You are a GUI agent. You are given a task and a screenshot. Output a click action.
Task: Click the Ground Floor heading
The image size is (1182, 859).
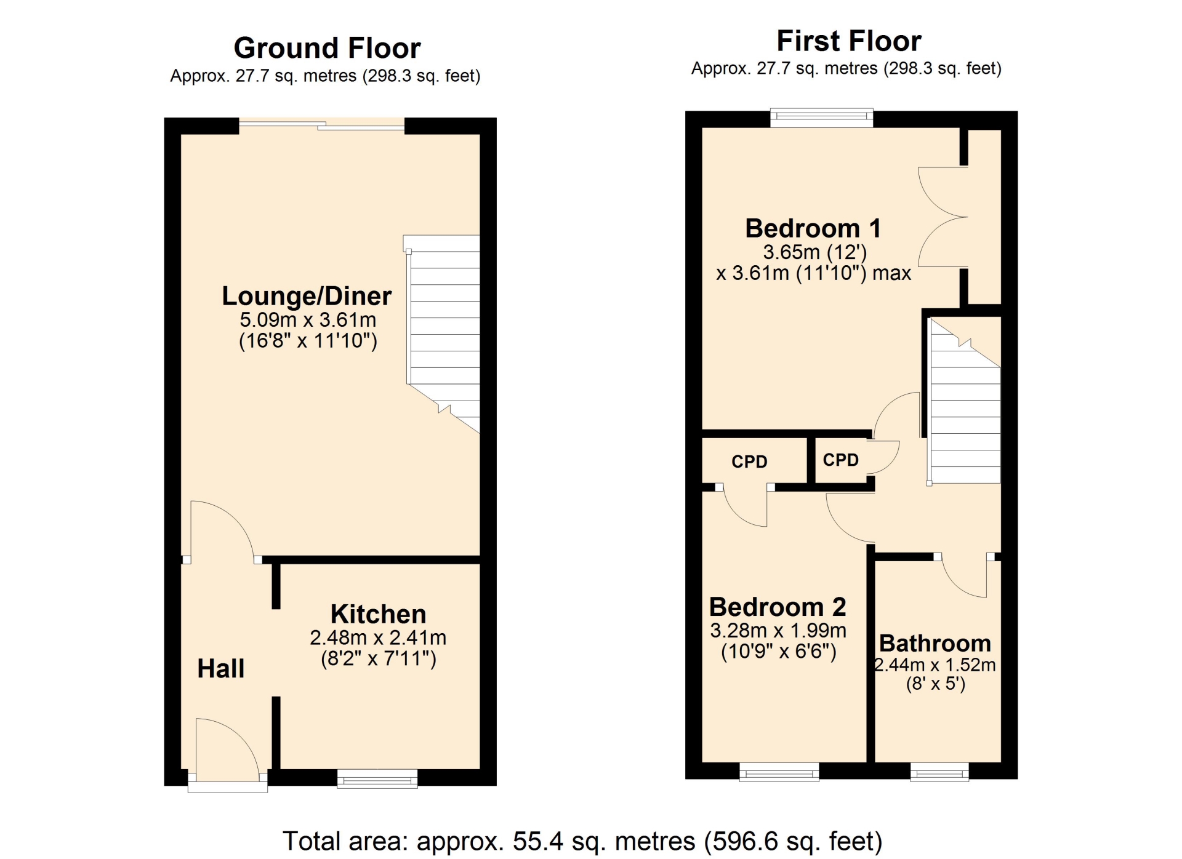point(327,48)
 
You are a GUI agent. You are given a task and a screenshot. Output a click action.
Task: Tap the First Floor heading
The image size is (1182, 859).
point(849,41)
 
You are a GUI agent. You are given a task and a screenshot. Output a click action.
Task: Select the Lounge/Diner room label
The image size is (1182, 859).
point(307,296)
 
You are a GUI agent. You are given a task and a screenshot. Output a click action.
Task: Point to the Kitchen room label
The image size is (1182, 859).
point(378,614)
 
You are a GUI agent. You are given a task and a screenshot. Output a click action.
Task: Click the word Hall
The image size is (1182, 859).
point(220,668)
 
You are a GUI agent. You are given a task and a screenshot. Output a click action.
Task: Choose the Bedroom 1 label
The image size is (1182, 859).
point(813,228)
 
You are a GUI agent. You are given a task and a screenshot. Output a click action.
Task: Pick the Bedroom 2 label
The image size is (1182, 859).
point(778,607)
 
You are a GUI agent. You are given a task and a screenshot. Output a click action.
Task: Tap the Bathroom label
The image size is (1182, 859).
point(935,643)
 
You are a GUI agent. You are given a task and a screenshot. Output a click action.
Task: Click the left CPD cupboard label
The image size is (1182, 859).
point(749,461)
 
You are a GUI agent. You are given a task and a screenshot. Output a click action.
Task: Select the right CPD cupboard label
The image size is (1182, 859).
point(840,460)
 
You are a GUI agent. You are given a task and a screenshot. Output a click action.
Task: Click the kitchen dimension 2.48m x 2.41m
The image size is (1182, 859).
point(378,637)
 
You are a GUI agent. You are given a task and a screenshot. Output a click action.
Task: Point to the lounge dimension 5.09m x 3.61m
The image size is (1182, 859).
point(308,319)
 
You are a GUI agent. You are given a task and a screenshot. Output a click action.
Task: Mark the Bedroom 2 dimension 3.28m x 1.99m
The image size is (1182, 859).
point(778,630)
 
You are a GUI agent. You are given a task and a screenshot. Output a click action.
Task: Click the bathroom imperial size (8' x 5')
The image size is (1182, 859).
point(936,684)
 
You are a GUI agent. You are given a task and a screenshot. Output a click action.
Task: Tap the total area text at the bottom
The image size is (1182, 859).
point(582,841)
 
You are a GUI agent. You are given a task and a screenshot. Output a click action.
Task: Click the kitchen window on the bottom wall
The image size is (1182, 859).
point(377,778)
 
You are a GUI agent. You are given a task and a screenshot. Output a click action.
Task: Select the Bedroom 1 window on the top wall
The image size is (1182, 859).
point(822,118)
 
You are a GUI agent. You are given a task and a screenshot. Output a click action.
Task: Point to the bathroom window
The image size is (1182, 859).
point(939,772)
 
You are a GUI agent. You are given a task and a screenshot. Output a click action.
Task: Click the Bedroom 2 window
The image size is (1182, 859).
point(779,772)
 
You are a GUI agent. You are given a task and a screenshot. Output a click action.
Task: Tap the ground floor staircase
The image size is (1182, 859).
point(442,332)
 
